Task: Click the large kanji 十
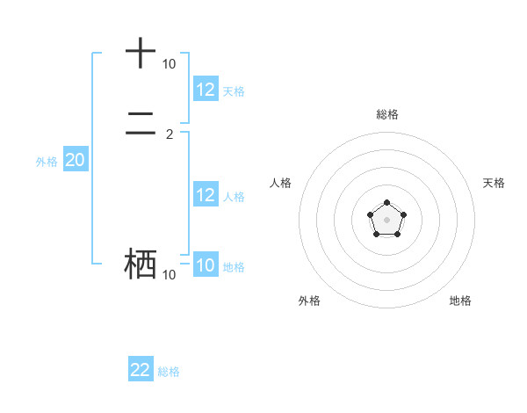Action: [141, 54]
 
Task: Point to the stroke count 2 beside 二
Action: [170, 134]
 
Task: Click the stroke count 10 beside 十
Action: [169, 64]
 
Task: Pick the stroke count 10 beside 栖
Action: [169, 275]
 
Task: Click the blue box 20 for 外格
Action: [75, 160]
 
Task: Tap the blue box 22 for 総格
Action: [141, 370]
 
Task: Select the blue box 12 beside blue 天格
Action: [206, 90]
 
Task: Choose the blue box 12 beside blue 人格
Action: [206, 195]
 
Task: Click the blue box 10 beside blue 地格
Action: [206, 265]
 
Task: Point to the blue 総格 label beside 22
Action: [169, 372]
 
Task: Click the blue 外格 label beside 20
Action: [46, 162]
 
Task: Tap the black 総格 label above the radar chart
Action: [387, 114]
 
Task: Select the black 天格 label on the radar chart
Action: [494, 183]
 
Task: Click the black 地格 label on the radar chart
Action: [460, 301]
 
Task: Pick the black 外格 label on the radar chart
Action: [309, 301]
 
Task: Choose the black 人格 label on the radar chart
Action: [281, 183]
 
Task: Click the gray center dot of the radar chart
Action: [386, 219]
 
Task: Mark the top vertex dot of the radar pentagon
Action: [386, 203]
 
